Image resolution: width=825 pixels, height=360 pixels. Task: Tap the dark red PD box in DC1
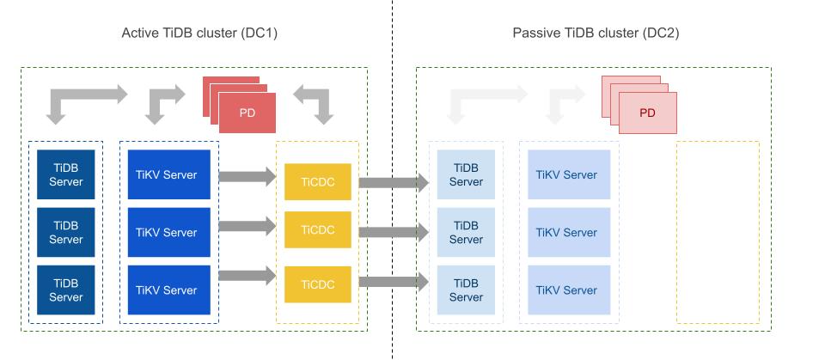click(247, 113)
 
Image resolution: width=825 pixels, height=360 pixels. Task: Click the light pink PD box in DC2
click(647, 113)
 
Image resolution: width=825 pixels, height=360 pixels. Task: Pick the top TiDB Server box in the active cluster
click(65, 175)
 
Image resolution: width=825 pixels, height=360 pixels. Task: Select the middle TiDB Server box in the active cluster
click(65, 233)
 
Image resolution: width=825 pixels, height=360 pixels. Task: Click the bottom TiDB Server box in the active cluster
click(65, 290)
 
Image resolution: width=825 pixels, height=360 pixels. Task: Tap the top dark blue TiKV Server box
click(168, 175)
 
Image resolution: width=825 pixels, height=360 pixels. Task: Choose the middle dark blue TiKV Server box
click(168, 233)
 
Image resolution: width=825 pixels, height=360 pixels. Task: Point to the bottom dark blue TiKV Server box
click(168, 290)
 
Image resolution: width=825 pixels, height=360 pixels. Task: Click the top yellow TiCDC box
click(318, 181)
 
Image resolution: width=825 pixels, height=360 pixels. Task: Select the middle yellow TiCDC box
click(318, 231)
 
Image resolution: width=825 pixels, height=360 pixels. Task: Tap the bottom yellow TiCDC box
click(318, 284)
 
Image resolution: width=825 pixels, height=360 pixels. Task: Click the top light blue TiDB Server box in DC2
click(466, 175)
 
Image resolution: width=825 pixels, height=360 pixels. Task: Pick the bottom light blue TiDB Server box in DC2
click(466, 290)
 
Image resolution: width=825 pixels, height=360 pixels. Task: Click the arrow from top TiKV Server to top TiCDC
click(247, 177)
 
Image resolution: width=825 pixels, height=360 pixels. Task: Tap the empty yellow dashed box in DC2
click(718, 232)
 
